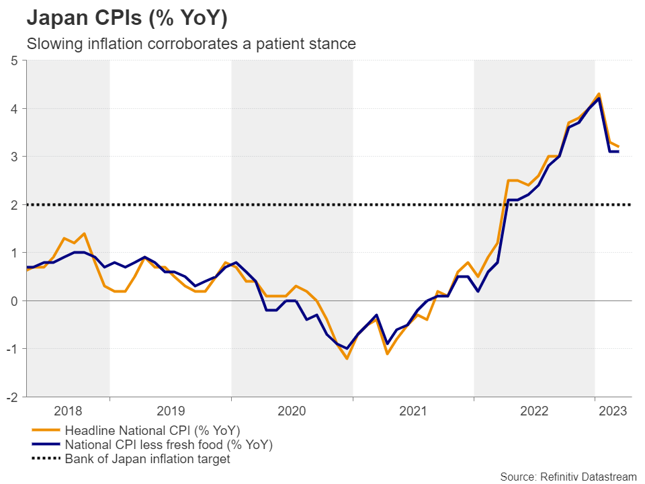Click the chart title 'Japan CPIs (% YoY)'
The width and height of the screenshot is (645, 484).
pos(126,18)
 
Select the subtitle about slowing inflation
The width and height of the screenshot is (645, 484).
pos(190,44)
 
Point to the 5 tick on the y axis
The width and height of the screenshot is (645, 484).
pos(14,61)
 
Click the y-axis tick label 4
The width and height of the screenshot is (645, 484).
pos(14,108)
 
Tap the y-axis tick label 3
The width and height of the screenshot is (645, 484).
pos(14,157)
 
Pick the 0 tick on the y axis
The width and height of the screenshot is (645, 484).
pos(14,300)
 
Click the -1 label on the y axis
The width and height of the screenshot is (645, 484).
pos(12,348)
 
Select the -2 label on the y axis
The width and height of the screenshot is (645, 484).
pos(12,397)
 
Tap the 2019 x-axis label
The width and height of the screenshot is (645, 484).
pos(171,410)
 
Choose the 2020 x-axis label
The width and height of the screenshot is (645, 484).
pos(292,410)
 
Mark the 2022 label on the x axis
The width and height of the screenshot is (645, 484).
pos(534,410)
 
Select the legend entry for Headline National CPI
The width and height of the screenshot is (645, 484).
pos(152,430)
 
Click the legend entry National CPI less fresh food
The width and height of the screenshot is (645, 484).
pos(168,445)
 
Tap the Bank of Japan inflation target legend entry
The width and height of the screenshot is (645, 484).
pos(147,460)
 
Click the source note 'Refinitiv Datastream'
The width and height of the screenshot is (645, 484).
pos(568,477)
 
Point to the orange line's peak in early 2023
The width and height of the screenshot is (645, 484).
pos(599,93)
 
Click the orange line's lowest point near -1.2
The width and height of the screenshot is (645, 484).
pos(347,358)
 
